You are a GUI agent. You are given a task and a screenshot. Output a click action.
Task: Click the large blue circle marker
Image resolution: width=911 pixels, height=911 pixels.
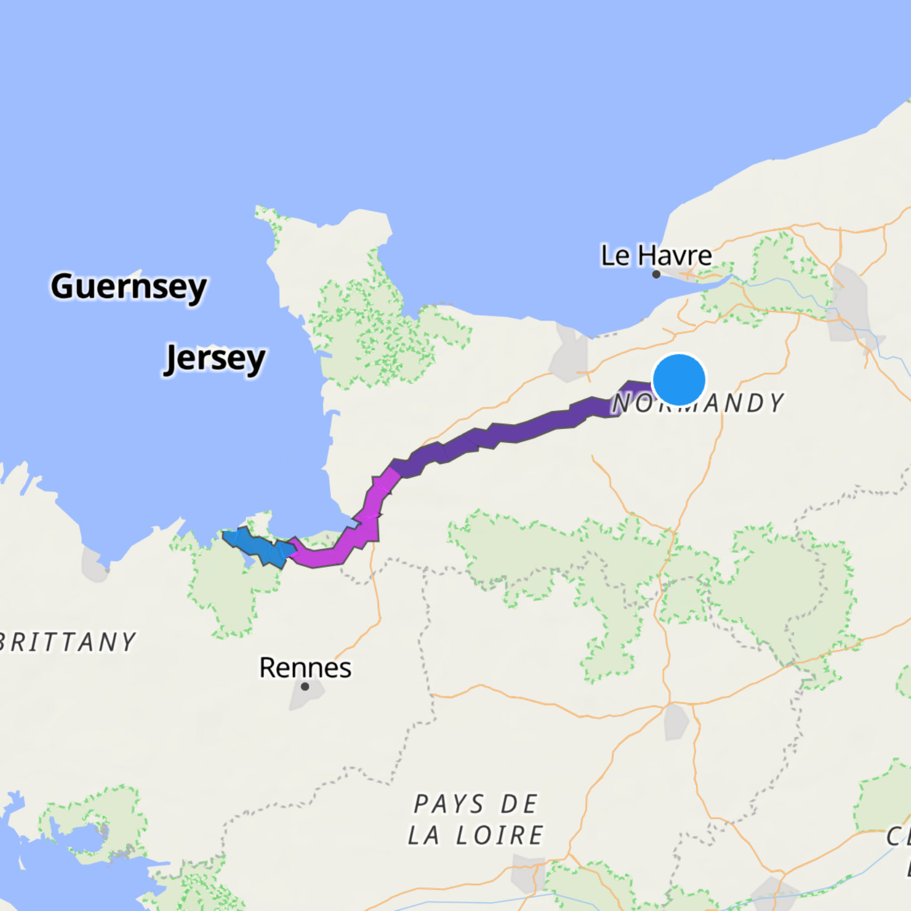pos(678,380)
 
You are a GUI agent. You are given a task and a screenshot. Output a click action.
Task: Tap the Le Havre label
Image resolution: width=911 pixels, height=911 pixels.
pos(656,255)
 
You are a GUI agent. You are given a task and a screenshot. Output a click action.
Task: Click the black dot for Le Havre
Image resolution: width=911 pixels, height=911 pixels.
pos(656,274)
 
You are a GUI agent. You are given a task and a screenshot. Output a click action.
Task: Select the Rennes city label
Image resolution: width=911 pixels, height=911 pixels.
pos(305,668)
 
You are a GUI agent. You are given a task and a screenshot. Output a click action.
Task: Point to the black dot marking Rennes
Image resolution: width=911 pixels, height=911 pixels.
pos(305,686)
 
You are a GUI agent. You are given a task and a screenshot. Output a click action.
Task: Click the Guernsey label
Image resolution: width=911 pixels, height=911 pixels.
pos(128,287)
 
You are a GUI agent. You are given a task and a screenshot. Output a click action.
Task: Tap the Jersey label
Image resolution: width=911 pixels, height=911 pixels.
pos(214,359)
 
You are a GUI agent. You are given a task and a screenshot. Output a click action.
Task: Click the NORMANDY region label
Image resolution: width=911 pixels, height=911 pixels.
pos(698,403)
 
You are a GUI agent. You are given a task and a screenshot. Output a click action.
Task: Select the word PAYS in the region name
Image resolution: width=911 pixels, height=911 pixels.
pos(449,804)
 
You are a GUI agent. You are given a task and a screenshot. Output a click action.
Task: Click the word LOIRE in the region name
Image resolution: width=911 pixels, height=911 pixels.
pos(499,835)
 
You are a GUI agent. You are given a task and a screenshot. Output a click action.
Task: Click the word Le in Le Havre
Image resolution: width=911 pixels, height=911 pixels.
pos(615,255)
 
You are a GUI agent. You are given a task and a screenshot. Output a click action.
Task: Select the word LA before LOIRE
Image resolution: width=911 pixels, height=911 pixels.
pos(423,835)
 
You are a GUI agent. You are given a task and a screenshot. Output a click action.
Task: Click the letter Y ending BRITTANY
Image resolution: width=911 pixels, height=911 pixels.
pos(128,642)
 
